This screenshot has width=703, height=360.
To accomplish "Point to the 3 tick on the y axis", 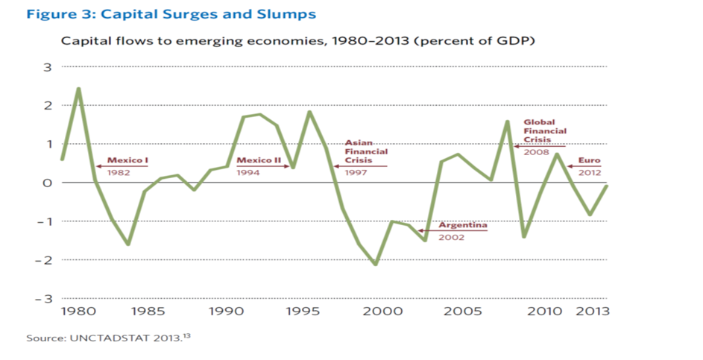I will [x=47, y=67].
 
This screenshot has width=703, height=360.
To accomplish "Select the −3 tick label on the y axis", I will [x=43, y=298].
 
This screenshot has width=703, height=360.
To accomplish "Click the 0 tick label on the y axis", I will [x=47, y=183].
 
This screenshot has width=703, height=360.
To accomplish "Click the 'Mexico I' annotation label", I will [x=128, y=160].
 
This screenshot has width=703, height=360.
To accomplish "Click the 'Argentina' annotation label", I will [x=463, y=225].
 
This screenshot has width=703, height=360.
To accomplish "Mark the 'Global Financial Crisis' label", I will [x=545, y=130].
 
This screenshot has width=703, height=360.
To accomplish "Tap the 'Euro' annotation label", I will [x=590, y=160].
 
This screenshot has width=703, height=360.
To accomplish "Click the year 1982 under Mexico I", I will [x=119, y=173].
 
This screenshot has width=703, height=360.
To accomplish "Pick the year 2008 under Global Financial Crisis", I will [x=536, y=152].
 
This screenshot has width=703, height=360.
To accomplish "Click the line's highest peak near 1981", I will [x=78, y=89].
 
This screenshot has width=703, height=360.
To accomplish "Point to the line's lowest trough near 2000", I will [x=376, y=264].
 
